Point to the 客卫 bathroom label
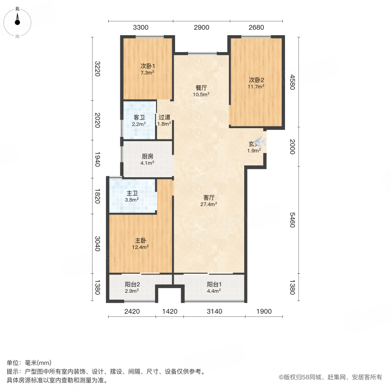point(139,117)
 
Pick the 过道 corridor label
point(164,117)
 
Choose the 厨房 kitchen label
point(147,157)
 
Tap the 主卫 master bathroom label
point(132,193)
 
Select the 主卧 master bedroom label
point(140,240)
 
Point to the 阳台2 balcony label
point(132,285)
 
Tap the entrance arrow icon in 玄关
point(260,142)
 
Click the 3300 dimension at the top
point(141,27)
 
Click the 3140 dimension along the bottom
point(214,311)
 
